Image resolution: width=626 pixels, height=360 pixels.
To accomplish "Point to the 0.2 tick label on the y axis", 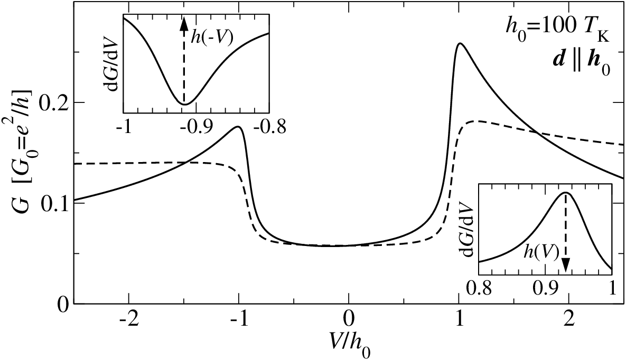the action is [54, 102].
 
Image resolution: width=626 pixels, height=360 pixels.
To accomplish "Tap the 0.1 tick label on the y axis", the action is [54, 203].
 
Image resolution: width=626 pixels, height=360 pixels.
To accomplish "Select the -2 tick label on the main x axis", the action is [129, 320].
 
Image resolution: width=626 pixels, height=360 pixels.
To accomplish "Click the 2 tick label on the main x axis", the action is [568, 320].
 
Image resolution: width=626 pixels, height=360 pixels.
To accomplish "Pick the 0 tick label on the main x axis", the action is [349, 320].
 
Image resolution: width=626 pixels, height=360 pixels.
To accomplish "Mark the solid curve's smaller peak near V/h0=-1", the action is [238, 127].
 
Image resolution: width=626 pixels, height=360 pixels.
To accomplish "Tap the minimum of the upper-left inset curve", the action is [184, 105].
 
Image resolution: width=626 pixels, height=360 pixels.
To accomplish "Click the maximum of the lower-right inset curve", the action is [566, 193].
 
